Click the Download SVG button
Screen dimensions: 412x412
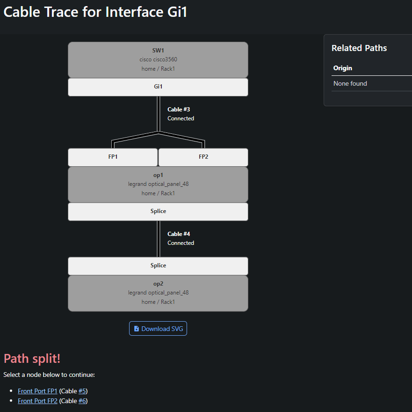pos(158,328)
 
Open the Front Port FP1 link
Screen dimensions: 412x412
pos(37,391)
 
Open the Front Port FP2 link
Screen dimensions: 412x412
pos(37,401)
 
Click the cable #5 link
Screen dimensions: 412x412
pos(82,391)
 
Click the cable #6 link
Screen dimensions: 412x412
pos(82,401)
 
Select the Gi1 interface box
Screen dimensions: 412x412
pos(158,87)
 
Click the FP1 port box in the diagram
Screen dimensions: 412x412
pos(113,157)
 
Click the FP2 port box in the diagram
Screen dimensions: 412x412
pos(203,157)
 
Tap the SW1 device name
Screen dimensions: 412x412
pos(158,50)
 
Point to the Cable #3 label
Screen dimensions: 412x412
pos(179,109)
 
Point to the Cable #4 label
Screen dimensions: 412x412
pos(179,234)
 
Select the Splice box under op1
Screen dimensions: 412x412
pos(158,212)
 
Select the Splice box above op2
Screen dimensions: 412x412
pos(158,266)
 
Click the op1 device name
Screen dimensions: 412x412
pos(158,175)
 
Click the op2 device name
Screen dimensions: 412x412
pos(158,284)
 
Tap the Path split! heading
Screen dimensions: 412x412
pos(32,358)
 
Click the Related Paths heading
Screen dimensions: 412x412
pos(359,48)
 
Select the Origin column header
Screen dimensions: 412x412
pos(343,68)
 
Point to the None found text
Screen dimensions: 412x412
pos(350,83)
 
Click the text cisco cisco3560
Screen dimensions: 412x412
pos(158,59)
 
